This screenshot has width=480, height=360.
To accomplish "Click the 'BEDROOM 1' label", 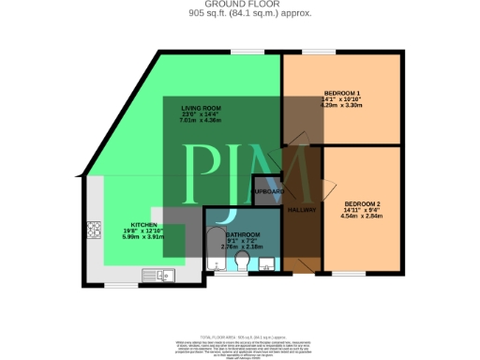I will (342, 93).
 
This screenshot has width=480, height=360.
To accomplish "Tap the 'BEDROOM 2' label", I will (362, 204).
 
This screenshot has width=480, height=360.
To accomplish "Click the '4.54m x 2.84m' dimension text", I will (362, 217).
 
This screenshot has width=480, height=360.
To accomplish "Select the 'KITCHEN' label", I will (144, 225).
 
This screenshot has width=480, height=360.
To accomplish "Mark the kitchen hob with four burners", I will (94, 229).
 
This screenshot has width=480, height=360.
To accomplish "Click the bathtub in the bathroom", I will (214, 246).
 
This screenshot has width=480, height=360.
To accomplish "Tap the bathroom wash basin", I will (267, 262).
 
